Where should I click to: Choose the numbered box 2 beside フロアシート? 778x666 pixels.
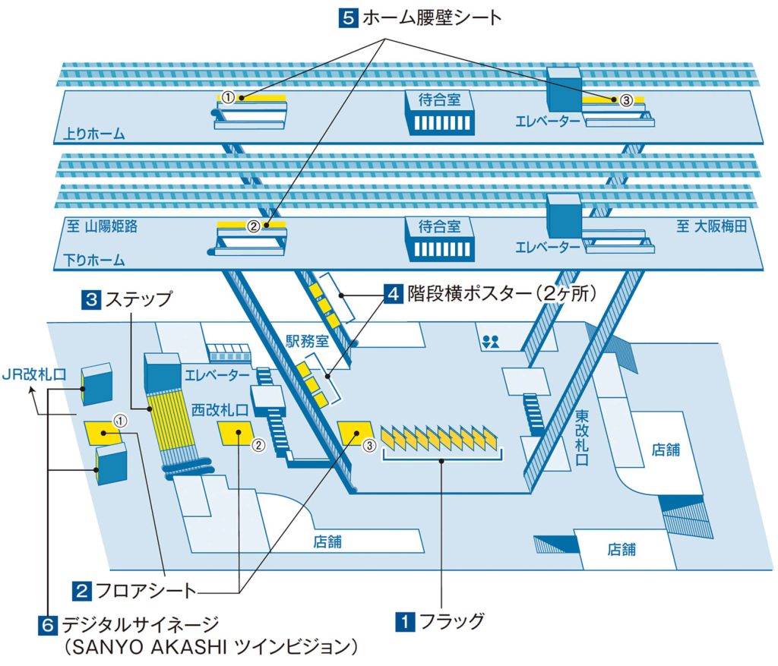(83, 589)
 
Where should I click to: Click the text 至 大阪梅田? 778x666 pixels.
(712, 226)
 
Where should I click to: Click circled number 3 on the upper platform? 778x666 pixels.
(625, 99)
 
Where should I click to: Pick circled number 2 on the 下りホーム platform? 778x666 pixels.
(253, 226)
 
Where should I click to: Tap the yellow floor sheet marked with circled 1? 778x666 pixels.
(103, 432)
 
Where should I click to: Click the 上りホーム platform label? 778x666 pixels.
(90, 135)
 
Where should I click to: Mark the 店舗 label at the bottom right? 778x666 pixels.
(621, 549)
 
